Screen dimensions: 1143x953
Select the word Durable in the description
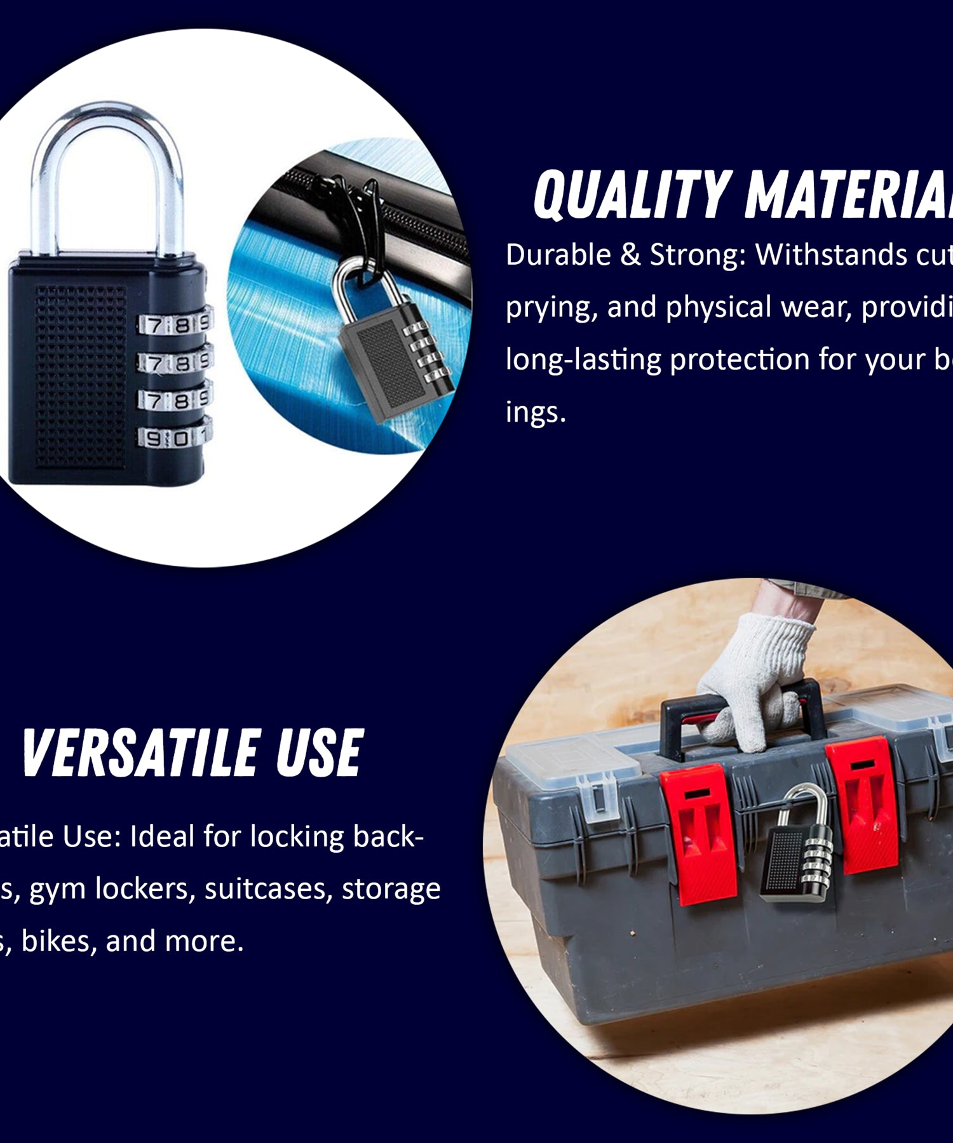pos(558,255)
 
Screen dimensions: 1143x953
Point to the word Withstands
pos(831,255)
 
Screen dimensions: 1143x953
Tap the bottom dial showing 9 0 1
pos(175,438)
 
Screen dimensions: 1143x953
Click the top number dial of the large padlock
pos(175,324)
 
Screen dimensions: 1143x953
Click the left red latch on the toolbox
pos(699,832)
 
